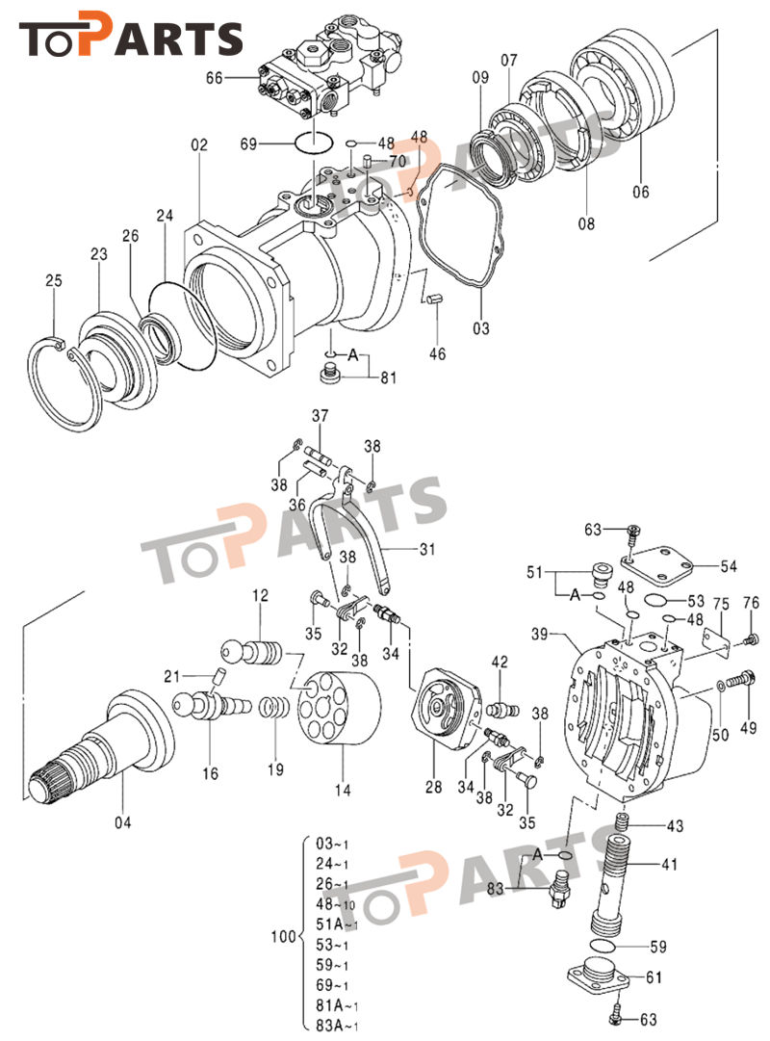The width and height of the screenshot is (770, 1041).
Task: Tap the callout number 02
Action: [x=199, y=145]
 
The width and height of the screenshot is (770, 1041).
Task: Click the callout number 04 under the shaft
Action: [x=122, y=821]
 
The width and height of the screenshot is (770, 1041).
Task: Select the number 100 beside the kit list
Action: [x=281, y=935]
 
